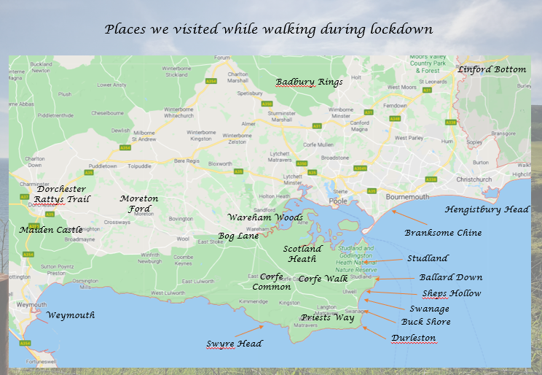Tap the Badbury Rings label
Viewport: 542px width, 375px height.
309,82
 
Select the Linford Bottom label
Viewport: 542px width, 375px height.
492,69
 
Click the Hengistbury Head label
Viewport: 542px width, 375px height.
487,209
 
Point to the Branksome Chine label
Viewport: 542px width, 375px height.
443,233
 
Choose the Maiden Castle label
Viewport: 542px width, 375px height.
51,230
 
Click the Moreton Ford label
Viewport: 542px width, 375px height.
138,204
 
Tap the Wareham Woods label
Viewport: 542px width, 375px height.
264,217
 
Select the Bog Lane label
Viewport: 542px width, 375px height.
238,236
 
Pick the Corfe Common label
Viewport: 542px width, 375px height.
271,282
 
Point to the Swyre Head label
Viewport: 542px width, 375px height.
234,344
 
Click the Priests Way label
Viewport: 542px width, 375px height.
327,317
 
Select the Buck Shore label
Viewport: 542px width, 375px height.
425,322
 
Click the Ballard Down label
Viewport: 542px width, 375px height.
450,277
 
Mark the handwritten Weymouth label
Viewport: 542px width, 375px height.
71,315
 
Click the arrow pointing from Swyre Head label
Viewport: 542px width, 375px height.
253,333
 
